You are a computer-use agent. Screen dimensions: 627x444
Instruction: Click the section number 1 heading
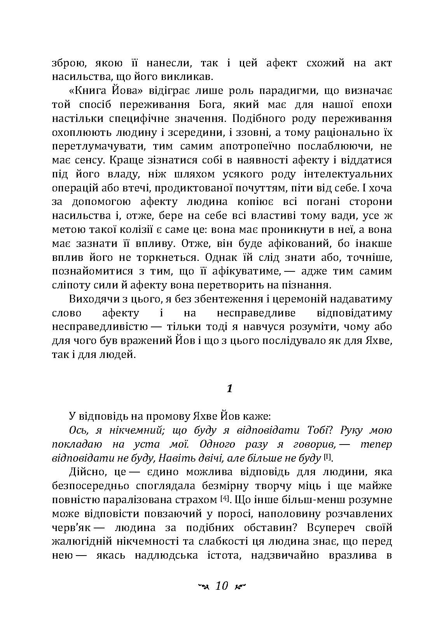point(229,388)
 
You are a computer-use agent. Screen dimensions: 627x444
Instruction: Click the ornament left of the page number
point(203,586)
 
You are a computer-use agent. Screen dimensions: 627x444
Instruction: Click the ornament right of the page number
point(241,586)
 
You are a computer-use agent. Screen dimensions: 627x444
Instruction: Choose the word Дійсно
point(85,472)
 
